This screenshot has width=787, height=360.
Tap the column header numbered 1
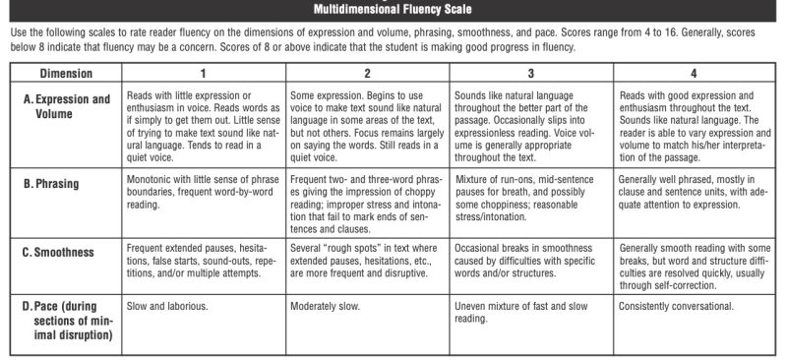click(204, 74)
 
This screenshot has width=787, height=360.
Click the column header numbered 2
click(367, 74)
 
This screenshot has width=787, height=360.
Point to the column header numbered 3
click(531, 74)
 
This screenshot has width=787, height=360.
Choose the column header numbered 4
click(694, 74)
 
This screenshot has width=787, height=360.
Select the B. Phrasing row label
click(51, 182)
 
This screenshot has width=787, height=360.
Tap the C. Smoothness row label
click(58, 253)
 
